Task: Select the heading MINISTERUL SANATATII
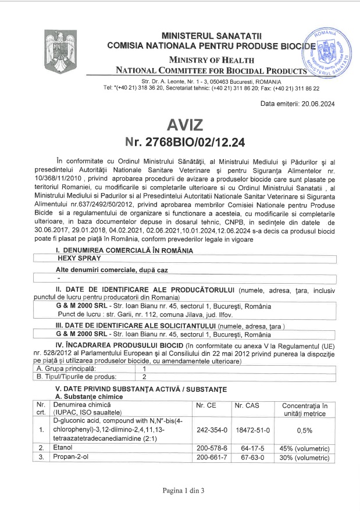tap(212, 36)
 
